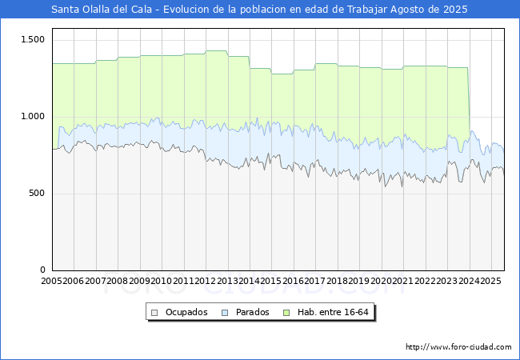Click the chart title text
[x=259, y=10]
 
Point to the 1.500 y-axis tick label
[x=33, y=40]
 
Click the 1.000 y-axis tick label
[x=33, y=117]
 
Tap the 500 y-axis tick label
[x=37, y=194]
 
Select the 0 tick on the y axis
[x=44, y=270]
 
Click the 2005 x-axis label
[x=52, y=282]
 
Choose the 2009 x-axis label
[x=140, y=282]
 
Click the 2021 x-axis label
[x=402, y=282]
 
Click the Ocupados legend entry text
[x=186, y=312]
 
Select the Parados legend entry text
[x=253, y=312]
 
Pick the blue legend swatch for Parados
[x=226, y=312]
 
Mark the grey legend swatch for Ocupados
[x=154, y=312]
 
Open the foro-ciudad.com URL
[x=458, y=347]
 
